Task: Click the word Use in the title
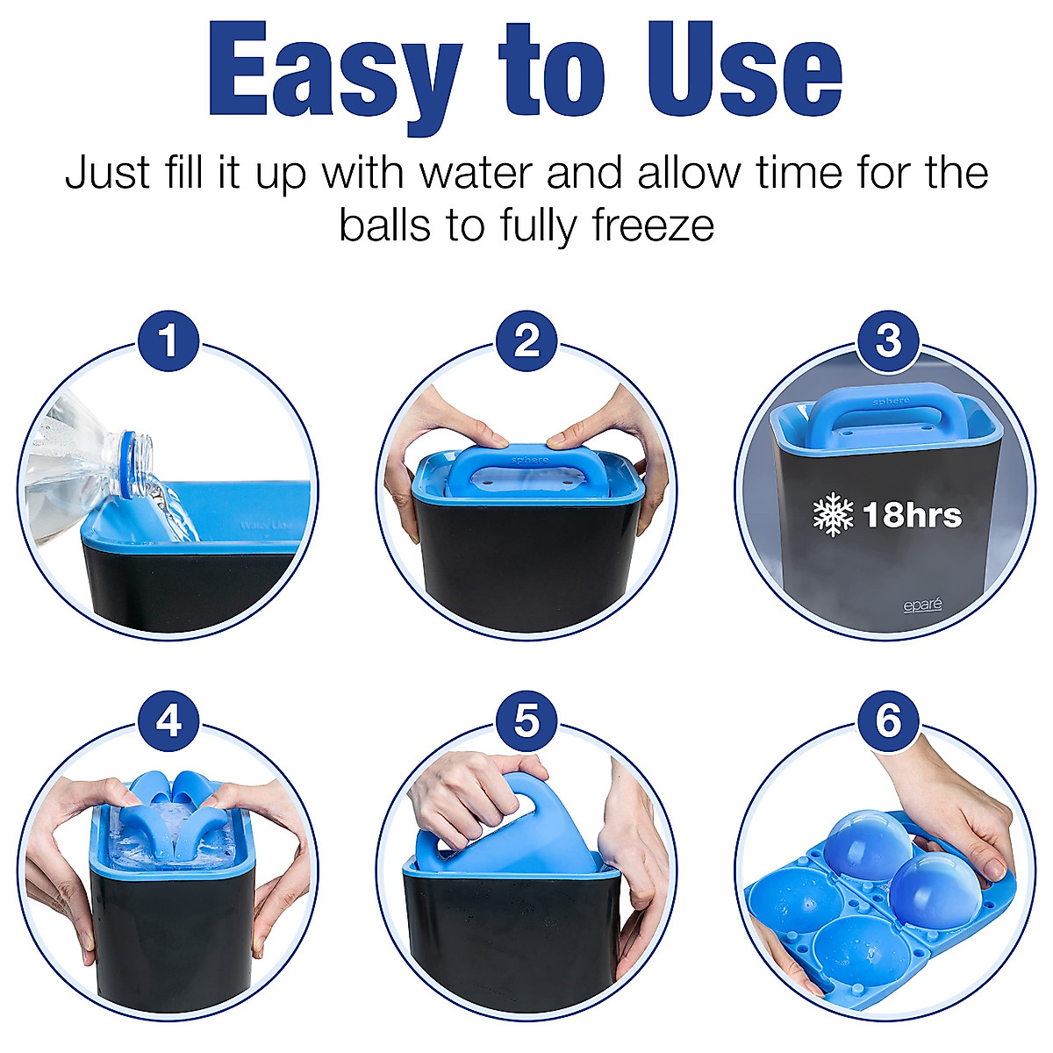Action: tap(743, 70)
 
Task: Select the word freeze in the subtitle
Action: tap(653, 226)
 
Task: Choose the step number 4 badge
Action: tap(168, 722)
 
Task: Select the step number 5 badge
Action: tap(526, 722)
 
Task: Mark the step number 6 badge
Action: tap(887, 722)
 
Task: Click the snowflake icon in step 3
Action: tap(833, 515)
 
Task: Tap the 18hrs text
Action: tap(912, 515)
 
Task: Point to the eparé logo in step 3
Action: tap(922, 605)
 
